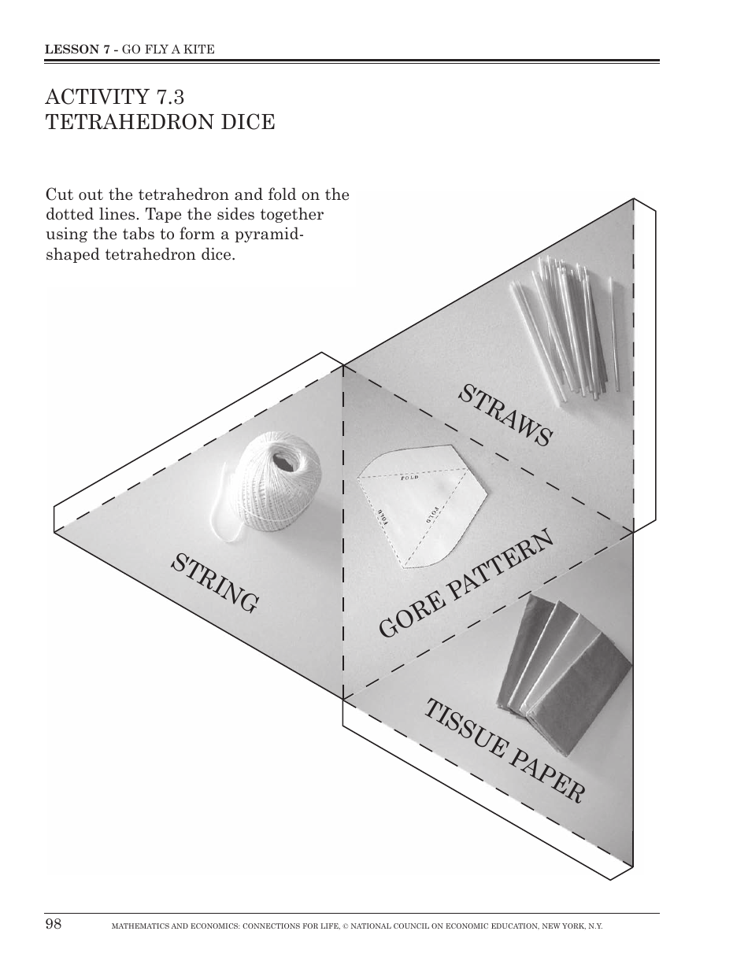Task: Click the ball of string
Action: [280, 482]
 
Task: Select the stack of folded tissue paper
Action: [562, 666]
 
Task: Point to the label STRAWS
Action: [505, 416]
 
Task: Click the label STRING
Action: [215, 583]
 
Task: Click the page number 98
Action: [54, 924]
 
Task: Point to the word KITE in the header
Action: [199, 49]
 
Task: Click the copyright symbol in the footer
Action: [345, 927]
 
